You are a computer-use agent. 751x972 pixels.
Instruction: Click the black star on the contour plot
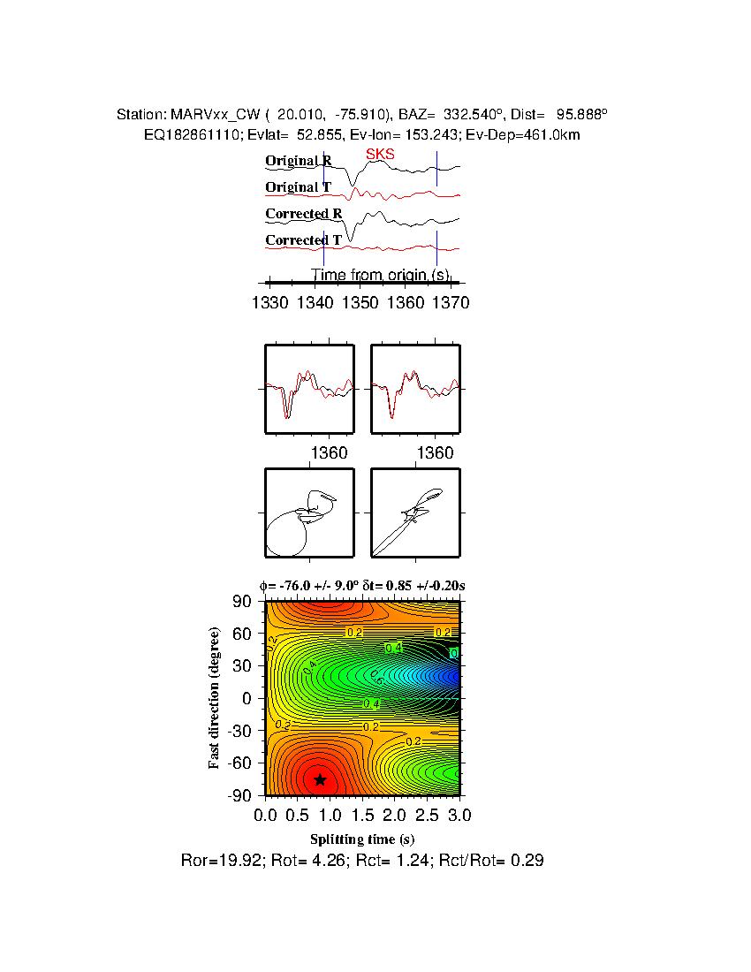click(x=320, y=779)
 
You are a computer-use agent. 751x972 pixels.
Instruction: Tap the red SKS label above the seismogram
click(x=380, y=155)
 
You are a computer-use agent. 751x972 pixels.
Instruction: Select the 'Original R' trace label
click(x=299, y=162)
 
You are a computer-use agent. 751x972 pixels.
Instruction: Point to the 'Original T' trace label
click(x=299, y=187)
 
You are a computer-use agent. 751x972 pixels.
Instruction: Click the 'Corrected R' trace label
click(x=303, y=214)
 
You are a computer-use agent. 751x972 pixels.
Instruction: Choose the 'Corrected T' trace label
click(x=303, y=240)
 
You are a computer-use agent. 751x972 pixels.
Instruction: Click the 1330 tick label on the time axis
click(x=269, y=303)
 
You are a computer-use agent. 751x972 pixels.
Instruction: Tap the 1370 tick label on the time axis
click(x=451, y=303)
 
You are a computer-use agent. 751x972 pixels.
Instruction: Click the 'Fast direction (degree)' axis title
click(x=214, y=698)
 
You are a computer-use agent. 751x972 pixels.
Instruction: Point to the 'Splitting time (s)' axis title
click(x=362, y=839)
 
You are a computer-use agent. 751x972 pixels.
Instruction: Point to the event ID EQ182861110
click(x=186, y=134)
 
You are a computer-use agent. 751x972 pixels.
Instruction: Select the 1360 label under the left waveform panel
click(x=330, y=453)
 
